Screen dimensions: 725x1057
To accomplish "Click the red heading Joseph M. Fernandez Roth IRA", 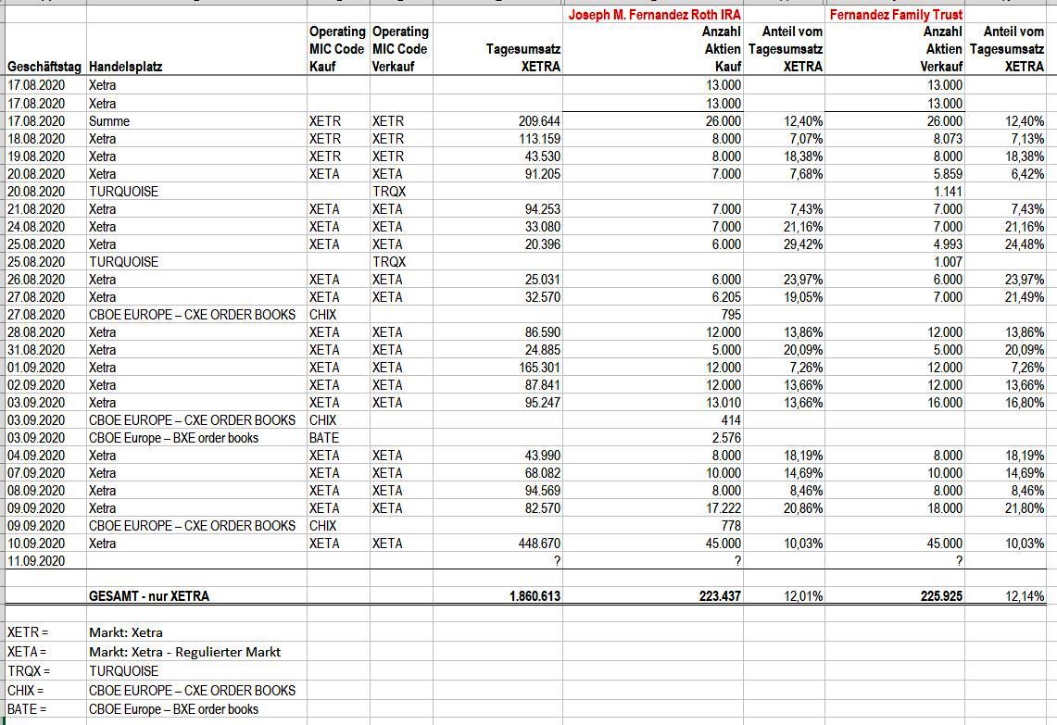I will coord(654,15).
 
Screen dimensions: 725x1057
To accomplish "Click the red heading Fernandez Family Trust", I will coord(896,15).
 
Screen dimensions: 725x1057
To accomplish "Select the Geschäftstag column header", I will coord(44,67).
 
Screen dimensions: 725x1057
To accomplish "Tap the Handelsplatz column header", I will coord(125,67).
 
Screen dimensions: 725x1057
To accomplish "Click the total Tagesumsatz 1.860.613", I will coord(535,596).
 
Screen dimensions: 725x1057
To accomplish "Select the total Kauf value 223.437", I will coord(719,596).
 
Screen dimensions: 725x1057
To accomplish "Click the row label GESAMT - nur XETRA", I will coord(149,596).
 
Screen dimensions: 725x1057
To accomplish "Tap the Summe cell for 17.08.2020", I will coord(109,121).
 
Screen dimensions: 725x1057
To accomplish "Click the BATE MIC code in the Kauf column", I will coord(324,438).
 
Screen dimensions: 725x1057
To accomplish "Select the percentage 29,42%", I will coord(801,244).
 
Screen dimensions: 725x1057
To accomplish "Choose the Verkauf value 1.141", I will coord(946,192).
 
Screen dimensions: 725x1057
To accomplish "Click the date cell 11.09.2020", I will coord(36,561).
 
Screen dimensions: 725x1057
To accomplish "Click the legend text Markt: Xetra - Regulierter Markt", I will coord(184,652).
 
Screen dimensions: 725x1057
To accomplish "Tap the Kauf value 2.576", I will coord(724,438).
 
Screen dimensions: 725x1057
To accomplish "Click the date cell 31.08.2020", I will coord(36,350).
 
